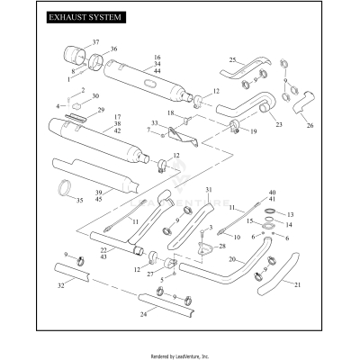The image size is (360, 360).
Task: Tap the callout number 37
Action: coord(95,42)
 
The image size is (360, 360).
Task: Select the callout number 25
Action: coord(231,60)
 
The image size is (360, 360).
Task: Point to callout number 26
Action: coord(311,125)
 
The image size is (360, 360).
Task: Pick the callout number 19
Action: coord(254,131)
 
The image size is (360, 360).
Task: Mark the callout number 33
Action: coord(155,122)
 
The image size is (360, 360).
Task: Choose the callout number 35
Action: coord(78,200)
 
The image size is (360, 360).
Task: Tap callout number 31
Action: coord(208,190)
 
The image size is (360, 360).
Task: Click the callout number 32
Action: coord(61,284)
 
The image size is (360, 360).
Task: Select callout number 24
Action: coord(143,315)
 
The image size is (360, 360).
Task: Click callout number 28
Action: coord(222,245)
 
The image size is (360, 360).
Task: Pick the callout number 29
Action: coord(101,110)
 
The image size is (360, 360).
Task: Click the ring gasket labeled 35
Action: coord(65,188)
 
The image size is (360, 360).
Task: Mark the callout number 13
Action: coord(290,215)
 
